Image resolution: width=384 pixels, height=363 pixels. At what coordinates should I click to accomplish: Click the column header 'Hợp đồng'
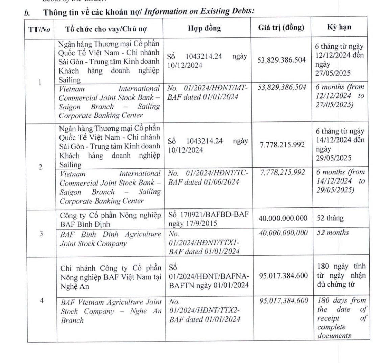tap(204, 28)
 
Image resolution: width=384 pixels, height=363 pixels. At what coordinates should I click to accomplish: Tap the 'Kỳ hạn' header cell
tap(339, 27)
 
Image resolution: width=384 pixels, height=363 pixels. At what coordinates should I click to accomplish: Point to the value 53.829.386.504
tap(281, 60)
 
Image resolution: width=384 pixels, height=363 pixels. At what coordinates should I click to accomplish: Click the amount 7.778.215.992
tap(282, 145)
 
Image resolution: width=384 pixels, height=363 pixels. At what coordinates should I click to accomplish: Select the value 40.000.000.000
tap(283, 218)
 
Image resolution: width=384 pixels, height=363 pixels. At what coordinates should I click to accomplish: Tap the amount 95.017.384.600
tap(283, 276)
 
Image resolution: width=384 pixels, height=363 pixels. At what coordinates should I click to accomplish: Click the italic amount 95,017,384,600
tap(283, 301)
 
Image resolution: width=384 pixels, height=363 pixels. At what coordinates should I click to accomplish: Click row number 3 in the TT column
tap(41, 233)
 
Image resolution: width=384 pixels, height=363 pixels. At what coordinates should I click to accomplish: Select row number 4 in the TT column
tap(42, 300)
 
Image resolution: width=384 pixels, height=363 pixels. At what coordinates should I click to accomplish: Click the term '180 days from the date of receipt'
tap(341, 309)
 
